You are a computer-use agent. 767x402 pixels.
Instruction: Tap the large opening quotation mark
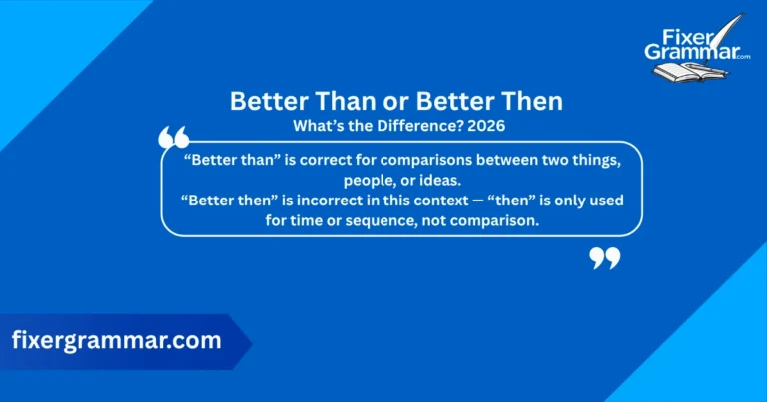pos(173,138)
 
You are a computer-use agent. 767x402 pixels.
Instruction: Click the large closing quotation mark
pos(605,258)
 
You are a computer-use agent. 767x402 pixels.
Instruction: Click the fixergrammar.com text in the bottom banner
pos(116,340)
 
